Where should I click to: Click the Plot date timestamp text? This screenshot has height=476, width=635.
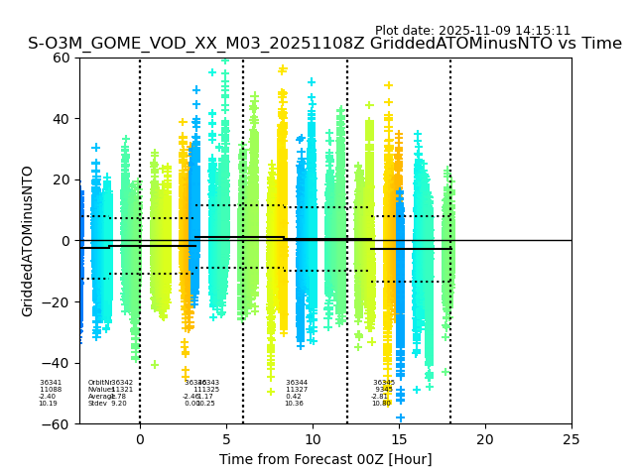click(472, 31)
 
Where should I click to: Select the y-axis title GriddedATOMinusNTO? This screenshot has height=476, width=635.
click(28, 241)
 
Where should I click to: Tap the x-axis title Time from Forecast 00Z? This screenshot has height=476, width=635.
click(325, 459)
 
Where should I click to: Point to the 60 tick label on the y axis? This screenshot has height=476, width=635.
click(62, 58)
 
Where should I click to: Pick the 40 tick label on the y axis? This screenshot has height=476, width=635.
click(62, 119)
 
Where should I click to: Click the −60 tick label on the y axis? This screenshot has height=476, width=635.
click(57, 423)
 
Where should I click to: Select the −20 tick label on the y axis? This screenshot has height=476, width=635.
click(57, 301)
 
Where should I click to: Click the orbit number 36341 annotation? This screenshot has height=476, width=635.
click(51, 383)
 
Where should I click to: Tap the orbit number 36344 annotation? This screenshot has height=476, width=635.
click(297, 383)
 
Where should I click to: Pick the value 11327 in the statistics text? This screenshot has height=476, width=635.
click(297, 390)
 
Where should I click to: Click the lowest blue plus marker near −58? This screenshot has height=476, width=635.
click(400, 417)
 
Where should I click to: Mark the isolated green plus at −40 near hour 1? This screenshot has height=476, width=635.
click(154, 365)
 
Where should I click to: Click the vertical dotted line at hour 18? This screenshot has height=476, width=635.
click(450, 198)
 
